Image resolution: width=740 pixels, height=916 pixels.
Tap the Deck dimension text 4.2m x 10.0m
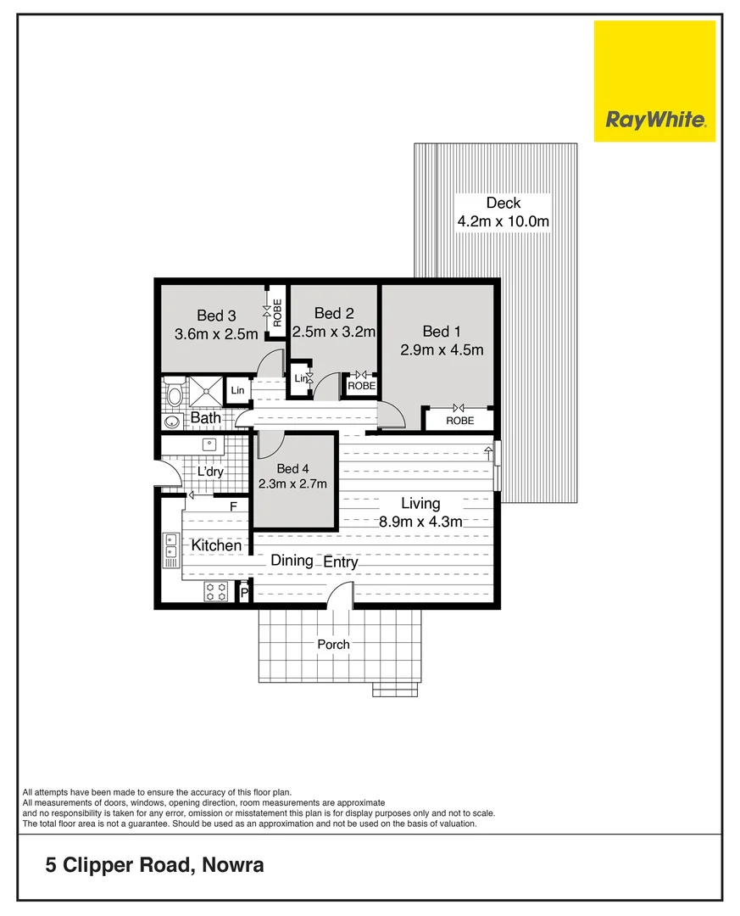504,222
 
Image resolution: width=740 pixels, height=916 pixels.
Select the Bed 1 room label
442,331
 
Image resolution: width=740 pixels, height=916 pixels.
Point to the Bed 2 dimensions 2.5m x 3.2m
334,332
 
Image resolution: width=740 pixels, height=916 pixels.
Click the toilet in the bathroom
175,393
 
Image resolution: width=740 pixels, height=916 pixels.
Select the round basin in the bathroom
172,422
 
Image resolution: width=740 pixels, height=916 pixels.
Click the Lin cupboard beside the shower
237,390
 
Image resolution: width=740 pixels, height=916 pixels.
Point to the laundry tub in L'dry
209,444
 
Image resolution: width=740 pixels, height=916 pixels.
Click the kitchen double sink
170,549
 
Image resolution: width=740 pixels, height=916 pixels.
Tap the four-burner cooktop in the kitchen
215,592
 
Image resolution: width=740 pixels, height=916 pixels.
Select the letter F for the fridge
234,506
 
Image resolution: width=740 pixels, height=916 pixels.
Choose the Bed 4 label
288,469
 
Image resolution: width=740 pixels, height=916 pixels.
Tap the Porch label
333,645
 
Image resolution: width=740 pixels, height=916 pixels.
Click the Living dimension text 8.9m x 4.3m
420,522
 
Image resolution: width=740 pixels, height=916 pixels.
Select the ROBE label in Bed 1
459,421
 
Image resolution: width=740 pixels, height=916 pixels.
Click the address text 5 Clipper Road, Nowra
154,866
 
